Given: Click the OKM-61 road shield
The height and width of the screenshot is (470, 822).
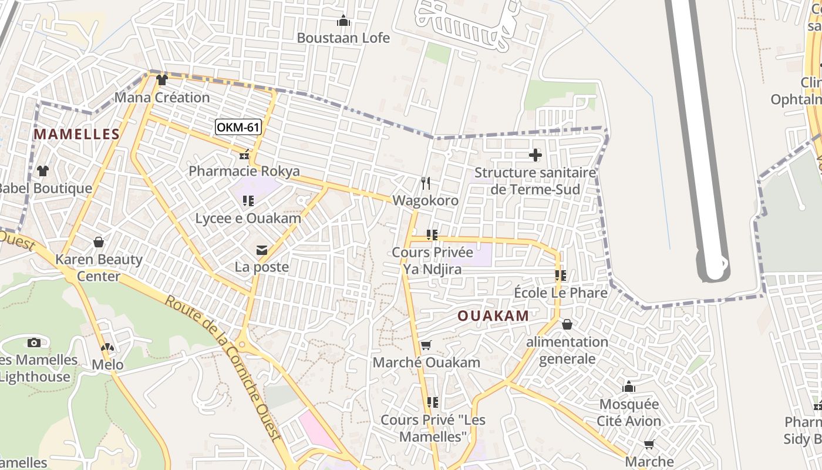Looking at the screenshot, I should pos(238,127).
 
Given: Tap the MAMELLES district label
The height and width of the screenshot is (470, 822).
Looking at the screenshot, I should pos(76,134).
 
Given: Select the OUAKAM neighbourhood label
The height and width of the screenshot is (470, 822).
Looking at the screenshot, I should pos(493,315).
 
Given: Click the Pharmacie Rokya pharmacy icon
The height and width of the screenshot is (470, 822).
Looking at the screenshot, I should pos(244,156).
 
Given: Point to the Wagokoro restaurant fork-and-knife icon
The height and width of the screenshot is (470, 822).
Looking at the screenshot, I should pos(426,183).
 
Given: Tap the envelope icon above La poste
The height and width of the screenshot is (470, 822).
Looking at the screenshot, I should pos(262,251).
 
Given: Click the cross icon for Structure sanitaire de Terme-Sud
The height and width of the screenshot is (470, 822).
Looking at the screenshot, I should pos(535,155).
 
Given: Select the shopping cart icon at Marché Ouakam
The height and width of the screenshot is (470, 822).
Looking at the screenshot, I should pos(426,345).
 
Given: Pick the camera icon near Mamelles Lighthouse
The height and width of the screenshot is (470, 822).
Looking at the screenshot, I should pos(34,343).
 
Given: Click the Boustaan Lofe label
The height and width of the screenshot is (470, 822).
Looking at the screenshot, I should pos(343,38).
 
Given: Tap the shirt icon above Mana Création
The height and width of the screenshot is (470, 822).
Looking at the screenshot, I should pos(162,80).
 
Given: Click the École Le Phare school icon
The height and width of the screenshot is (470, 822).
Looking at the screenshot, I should pos(560,275).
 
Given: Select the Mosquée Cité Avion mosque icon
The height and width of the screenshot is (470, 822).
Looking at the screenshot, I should pos(629,387).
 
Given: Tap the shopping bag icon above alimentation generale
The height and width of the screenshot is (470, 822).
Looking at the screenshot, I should pos(567,324).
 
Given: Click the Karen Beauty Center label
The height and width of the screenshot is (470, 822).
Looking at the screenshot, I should pos(99,267).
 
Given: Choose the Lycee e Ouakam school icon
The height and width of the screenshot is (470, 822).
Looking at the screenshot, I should pos(248,201).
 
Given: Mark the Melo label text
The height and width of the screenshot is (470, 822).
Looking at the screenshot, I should pos(107,365).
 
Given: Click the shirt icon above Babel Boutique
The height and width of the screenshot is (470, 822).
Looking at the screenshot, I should pos(43,171).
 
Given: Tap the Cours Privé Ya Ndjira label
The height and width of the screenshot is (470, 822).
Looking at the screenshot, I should pos(432,260).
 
